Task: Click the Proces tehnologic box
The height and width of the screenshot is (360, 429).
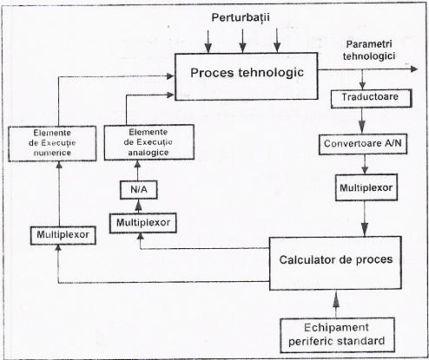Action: (247, 76)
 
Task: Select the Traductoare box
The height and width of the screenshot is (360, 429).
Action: (371, 99)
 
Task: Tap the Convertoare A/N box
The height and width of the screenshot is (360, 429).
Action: (363, 144)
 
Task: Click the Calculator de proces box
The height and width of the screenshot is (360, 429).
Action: (335, 263)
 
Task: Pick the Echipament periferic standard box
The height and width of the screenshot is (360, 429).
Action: (337, 335)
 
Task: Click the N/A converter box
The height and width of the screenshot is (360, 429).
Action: (139, 190)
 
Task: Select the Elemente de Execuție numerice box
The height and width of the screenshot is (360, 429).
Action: (52, 143)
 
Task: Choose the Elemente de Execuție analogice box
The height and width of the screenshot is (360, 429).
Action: (148, 142)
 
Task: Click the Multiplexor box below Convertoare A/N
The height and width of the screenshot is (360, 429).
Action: (366, 187)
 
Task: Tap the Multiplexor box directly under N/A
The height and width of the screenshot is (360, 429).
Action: (143, 223)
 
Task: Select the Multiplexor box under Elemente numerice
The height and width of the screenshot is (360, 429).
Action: (63, 235)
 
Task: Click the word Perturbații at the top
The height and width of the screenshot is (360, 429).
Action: (241, 18)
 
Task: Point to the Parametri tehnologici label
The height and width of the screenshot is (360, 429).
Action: (369, 50)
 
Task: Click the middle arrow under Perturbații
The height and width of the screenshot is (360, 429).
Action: (243, 41)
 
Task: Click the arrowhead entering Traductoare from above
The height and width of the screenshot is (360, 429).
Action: (362, 85)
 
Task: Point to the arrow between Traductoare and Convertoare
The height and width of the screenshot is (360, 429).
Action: (362, 121)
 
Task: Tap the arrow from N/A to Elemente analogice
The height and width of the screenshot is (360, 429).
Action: (138, 171)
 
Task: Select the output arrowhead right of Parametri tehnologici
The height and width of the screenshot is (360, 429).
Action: (414, 69)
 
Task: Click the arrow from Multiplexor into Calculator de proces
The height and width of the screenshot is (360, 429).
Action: (365, 219)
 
